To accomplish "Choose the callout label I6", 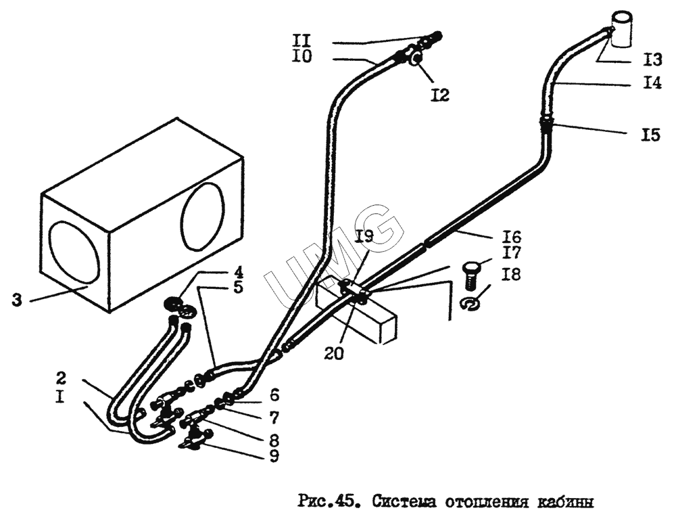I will coord(511,237).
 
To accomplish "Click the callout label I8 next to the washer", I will coord(511,273).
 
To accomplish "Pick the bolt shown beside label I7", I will coord(471,272).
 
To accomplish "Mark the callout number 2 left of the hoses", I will coord(60,378).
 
